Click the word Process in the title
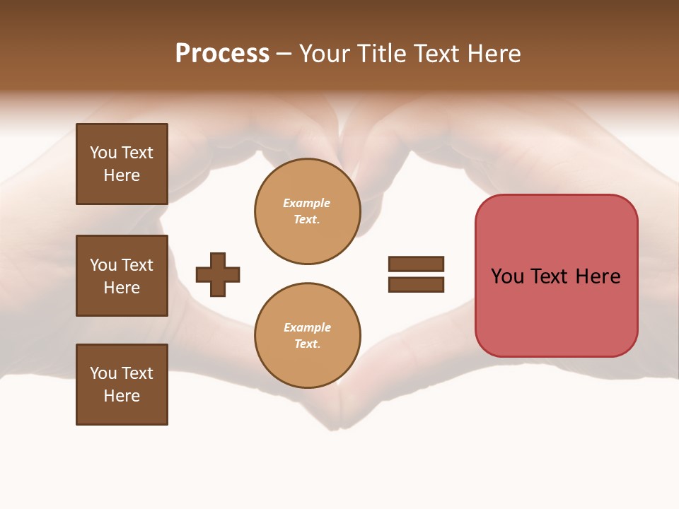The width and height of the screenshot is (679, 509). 222,54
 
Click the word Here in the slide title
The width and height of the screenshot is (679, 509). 494,54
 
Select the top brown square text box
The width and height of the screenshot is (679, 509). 122,164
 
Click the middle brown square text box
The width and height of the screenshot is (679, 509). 122,276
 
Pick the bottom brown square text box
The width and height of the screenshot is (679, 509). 122,385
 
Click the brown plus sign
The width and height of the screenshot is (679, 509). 218,274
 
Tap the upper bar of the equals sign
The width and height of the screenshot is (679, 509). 416,264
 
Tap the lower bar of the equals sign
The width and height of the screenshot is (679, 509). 416,284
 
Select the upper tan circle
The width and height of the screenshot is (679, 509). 307,211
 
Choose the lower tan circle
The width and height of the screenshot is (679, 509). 307,335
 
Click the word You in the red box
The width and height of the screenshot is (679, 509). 507,276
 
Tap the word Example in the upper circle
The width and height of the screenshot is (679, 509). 307,203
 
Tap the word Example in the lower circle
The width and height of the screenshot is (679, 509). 307,327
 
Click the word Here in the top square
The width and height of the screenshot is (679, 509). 122,175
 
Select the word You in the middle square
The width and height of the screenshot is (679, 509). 103,265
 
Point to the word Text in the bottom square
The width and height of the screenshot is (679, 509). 137,373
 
